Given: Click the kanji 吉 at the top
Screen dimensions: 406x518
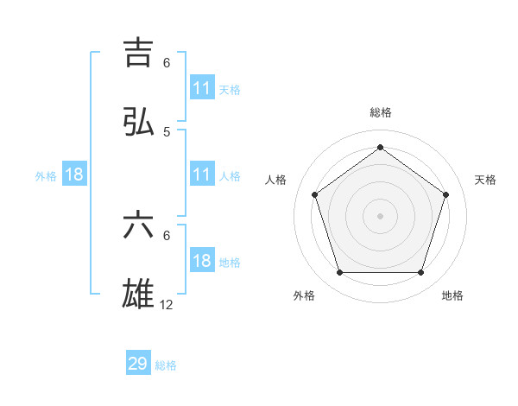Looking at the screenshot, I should [x=138, y=53].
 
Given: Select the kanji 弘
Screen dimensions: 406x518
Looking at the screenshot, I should [x=138, y=123].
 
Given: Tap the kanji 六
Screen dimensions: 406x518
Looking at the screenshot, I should [x=138, y=226].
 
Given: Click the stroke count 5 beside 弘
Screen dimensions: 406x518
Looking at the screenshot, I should [x=167, y=132].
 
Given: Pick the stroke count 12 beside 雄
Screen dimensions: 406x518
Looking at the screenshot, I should [x=167, y=305].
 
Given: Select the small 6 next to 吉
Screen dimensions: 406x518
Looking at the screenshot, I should [x=167, y=62].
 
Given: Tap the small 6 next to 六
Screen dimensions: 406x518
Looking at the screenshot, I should [x=167, y=235].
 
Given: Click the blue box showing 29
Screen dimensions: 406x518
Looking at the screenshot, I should [x=138, y=364].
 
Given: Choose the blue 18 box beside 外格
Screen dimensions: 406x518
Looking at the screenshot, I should [x=74, y=174].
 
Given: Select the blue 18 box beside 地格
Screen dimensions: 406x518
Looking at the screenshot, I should [x=201, y=261].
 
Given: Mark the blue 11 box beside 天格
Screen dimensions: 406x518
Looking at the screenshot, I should [x=201, y=88].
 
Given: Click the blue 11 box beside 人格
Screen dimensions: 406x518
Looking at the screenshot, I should [x=201, y=174].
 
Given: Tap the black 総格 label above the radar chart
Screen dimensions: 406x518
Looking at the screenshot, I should [x=380, y=112].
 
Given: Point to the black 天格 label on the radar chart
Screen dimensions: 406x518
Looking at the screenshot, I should [x=485, y=180].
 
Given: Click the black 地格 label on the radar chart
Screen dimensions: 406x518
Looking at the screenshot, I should [x=452, y=295].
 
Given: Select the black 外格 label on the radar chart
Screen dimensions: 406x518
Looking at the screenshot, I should [x=304, y=295].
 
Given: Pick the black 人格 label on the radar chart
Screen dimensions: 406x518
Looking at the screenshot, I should [x=275, y=180].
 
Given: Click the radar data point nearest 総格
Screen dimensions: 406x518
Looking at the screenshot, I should [x=380, y=148].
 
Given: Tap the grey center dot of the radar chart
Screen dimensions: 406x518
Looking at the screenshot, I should [x=380, y=215].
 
